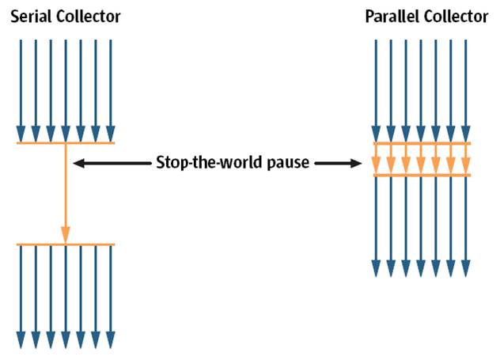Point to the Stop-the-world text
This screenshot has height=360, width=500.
[203, 164]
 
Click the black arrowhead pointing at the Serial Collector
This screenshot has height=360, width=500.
[78, 164]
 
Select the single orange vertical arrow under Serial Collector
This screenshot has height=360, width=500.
[66, 194]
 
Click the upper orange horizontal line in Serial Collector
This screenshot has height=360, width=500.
[66, 143]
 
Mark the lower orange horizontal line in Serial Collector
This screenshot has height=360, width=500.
[66, 244]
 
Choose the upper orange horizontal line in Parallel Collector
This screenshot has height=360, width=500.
[422, 143]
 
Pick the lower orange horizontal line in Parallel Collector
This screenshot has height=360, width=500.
[422, 175]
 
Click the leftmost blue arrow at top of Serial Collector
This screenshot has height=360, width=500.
[21, 87]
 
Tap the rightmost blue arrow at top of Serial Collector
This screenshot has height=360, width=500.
[111, 87]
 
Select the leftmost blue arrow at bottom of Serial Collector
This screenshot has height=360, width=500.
[21, 297]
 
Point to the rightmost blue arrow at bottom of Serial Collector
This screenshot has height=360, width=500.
[111, 297]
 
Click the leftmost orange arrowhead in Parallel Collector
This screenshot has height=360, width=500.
[377, 165]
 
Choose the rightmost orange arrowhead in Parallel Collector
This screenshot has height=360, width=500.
[466, 165]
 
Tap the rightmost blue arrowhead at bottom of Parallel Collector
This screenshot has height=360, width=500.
[466, 268]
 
